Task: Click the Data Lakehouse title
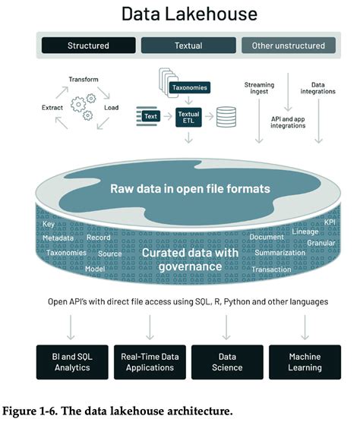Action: tap(179, 14)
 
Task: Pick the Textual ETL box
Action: tap(188, 116)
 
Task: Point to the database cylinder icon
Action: tap(225, 117)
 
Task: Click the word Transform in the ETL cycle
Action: tap(84, 80)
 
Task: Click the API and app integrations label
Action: tap(287, 121)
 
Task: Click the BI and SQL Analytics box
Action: tap(73, 362)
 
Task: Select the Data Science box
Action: tap(227, 362)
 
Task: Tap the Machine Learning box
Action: tap(305, 362)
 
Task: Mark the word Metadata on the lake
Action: tap(58, 238)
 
